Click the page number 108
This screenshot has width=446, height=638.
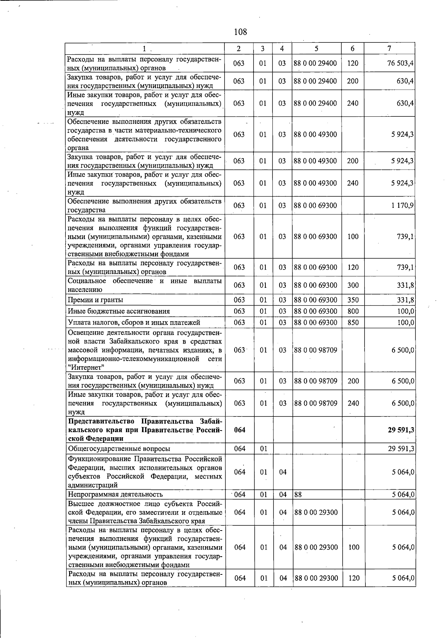[240, 32]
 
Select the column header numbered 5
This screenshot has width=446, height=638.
[316, 49]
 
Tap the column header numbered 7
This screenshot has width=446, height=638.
[389, 49]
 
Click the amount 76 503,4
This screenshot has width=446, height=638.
[401, 64]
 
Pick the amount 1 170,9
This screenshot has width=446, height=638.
[403, 206]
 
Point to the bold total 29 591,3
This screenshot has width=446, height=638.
[401, 430]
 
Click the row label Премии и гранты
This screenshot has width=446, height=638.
[96, 300]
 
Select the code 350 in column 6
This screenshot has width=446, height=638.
[353, 300]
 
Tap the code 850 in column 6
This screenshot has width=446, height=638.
[353, 323]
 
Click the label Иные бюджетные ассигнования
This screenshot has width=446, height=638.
[119, 312]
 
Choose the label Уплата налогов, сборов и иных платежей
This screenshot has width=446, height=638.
[134, 323]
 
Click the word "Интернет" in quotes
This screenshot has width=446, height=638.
[86, 368]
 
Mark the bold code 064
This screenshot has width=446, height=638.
[240, 430]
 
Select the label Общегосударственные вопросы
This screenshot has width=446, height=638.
[119, 449]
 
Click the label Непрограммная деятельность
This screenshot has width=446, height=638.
[115, 494]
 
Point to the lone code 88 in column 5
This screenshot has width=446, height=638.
[298, 494]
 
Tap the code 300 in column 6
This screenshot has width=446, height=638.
[353, 285]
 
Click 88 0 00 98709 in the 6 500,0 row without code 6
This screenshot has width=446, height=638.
[316, 350]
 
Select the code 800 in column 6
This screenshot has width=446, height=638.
[353, 312]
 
